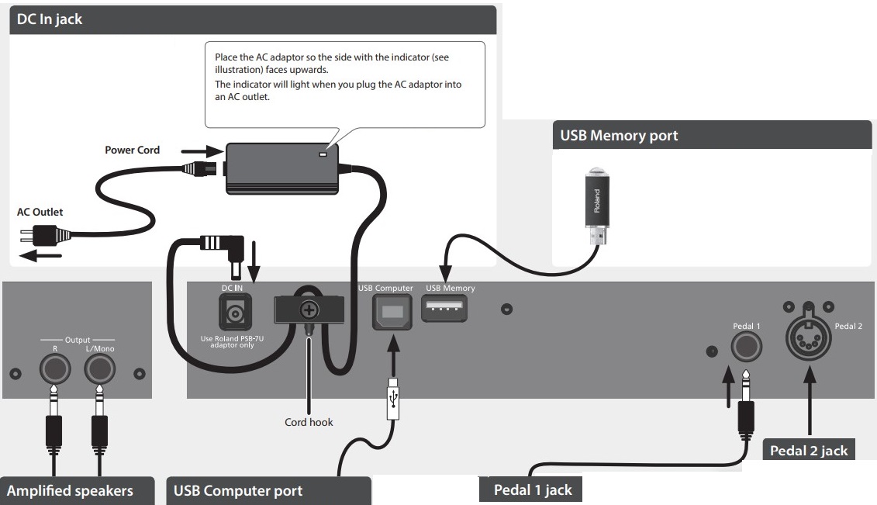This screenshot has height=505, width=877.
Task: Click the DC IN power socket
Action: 234,313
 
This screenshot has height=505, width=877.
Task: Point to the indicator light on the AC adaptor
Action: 324,154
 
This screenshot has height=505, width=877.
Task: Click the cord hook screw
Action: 309,310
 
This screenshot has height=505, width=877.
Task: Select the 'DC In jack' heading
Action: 50,19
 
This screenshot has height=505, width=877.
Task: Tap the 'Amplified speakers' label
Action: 70,490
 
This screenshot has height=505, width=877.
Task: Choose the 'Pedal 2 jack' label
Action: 809,450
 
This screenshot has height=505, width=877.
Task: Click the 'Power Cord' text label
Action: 133,150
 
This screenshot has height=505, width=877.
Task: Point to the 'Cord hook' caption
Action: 309,423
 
